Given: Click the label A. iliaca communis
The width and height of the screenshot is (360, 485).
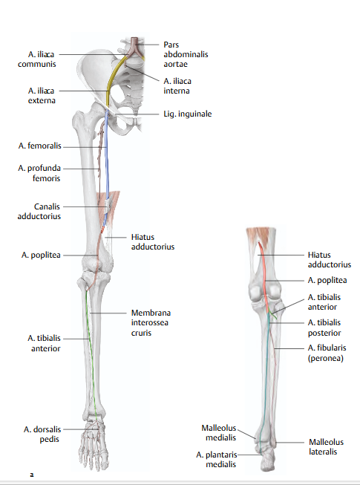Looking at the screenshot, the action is [37, 59].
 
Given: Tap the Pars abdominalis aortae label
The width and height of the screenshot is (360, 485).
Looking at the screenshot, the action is [186, 54].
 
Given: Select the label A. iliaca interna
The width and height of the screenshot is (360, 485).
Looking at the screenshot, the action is [177, 85].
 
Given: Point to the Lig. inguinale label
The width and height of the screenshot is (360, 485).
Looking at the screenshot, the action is [188, 114].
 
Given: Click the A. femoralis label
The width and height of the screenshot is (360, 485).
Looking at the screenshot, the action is [40, 146].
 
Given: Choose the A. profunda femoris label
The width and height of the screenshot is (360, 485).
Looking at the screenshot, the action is [39, 173].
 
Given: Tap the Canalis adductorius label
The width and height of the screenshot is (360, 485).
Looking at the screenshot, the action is [39, 211].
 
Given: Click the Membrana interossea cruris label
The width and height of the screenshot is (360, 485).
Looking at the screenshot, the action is [151, 322].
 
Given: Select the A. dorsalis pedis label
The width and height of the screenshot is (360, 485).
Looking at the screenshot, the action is [42, 434].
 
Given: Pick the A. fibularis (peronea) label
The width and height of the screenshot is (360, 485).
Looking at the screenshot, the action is [327, 353].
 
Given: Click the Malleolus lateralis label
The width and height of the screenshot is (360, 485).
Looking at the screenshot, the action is [326, 446].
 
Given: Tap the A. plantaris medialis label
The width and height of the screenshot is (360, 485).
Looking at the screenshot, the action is [217, 459].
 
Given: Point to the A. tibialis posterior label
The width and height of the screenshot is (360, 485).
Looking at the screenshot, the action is [324, 328].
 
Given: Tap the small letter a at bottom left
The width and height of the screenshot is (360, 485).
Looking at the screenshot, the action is [31, 475].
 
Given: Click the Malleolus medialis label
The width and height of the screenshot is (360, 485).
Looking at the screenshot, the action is [219, 433].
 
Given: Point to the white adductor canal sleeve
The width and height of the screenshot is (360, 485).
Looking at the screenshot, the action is [109, 206].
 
